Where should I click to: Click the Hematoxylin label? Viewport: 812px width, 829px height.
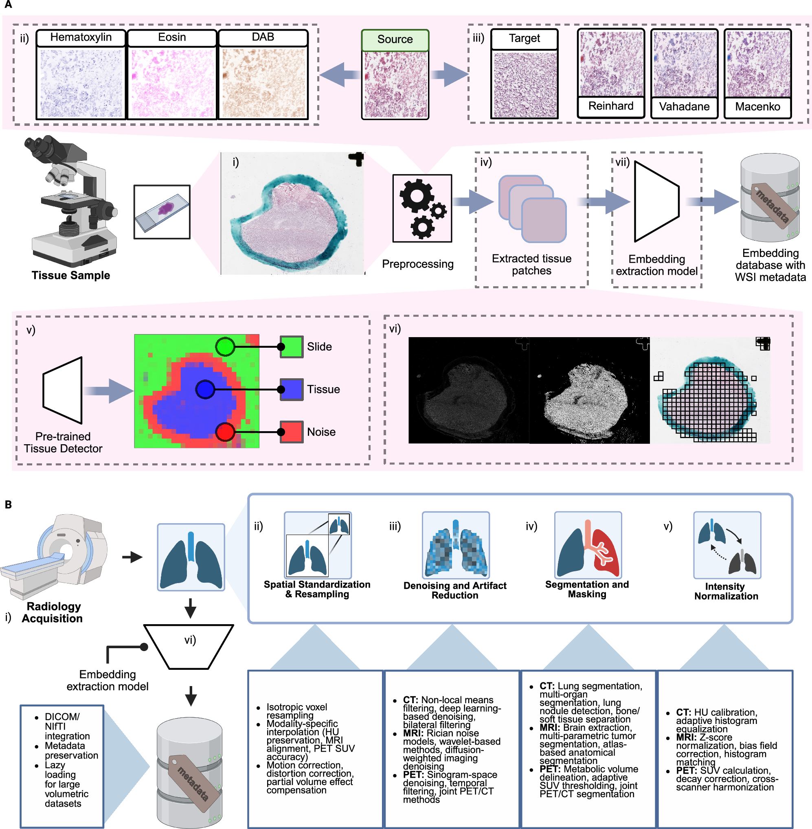point(81,37)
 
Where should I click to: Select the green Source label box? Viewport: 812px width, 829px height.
point(395,39)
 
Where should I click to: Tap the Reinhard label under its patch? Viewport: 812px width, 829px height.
point(611,106)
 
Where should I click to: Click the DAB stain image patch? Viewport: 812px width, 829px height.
point(263,83)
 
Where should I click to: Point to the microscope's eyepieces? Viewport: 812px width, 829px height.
point(40,145)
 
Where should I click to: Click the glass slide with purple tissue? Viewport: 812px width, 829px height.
point(162,211)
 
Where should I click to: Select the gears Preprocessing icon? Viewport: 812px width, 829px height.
point(422,208)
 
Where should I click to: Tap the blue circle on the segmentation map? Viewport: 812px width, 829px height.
point(205,389)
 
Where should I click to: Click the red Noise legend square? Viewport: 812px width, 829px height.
point(292,432)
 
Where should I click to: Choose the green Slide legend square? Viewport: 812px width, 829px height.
point(292,347)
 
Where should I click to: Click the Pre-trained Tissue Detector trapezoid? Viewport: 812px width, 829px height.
point(63,390)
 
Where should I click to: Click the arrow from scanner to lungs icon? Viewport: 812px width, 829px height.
point(132,557)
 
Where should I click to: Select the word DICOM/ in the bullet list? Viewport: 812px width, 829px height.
point(62,717)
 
